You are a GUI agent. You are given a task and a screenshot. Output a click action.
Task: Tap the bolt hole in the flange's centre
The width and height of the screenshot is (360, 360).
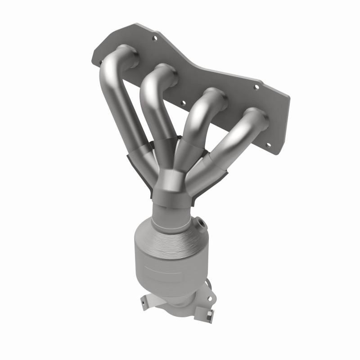coord(184,103)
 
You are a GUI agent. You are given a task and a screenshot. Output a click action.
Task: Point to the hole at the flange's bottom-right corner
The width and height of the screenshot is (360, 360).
coord(269,145)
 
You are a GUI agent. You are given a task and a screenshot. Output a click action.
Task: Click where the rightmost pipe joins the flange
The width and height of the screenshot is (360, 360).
coord(257,118)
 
